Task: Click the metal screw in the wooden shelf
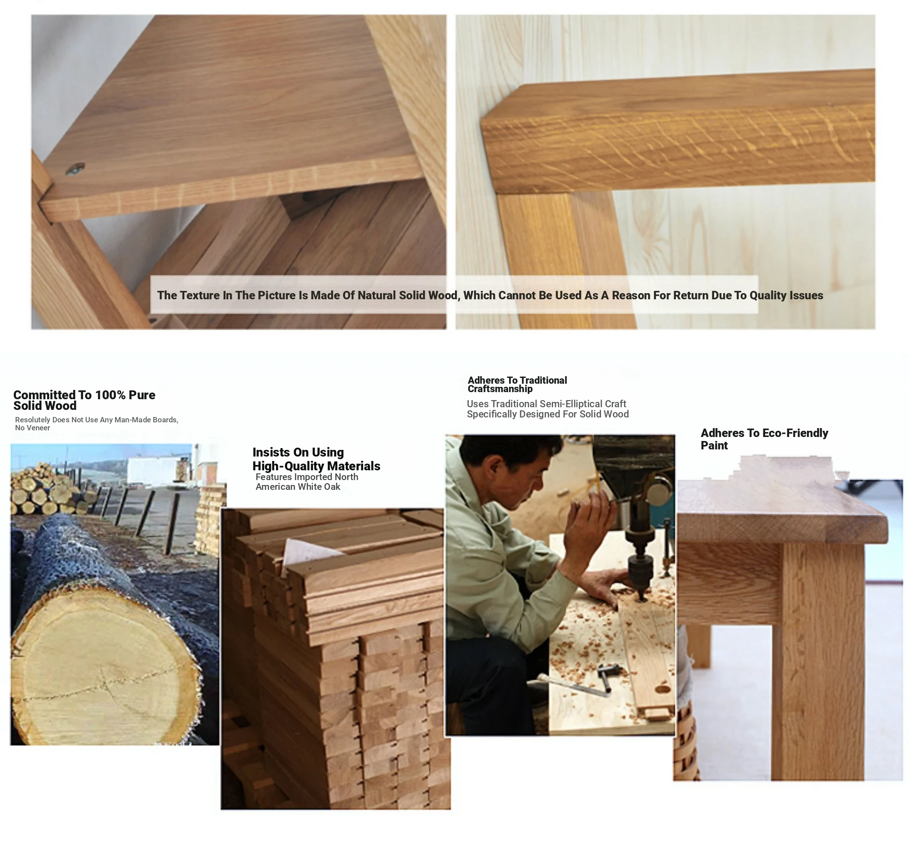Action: click(x=75, y=168)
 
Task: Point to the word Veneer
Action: click(x=39, y=428)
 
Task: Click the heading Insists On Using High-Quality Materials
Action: click(x=316, y=459)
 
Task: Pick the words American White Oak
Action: click(x=298, y=487)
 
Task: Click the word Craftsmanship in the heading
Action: click(x=500, y=389)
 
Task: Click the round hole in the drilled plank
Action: click(x=663, y=689)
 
